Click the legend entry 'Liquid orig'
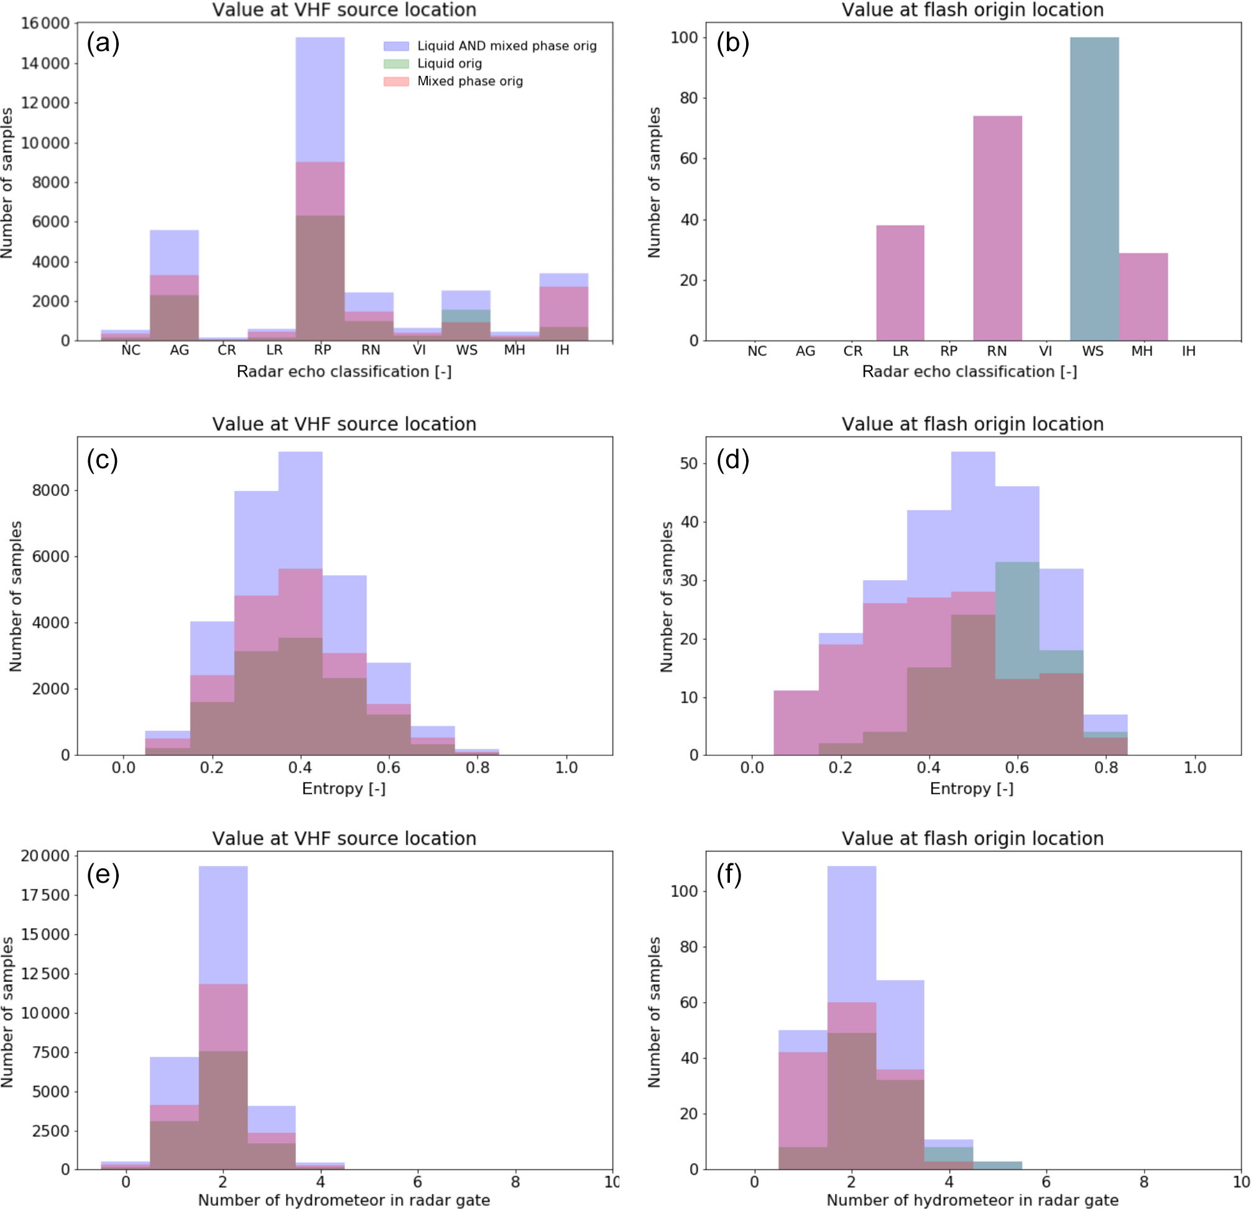point(450,63)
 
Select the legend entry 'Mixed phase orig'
point(470,81)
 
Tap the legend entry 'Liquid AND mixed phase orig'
point(507,46)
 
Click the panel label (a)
point(103,43)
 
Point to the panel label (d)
point(732,459)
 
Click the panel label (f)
point(729,873)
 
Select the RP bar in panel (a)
point(320,191)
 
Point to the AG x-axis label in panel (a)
point(179,350)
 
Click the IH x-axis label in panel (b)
point(1188,351)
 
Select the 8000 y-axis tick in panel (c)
point(50,490)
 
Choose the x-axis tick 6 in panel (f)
point(1046,1182)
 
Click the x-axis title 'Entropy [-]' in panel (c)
point(343,789)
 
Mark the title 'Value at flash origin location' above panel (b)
point(972,9)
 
